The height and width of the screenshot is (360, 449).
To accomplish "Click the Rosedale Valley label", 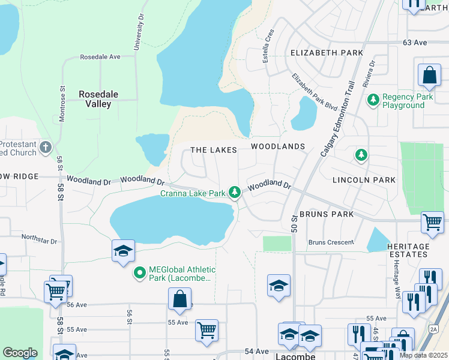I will (x=95, y=99).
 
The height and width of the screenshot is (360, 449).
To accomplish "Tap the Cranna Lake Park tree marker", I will (x=236, y=193).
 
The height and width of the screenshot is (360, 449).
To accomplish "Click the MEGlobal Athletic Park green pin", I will (x=140, y=274).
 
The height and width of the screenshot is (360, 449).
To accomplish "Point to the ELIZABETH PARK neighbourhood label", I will (x=327, y=53).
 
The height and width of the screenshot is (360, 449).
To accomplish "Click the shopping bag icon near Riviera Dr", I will (x=429, y=76).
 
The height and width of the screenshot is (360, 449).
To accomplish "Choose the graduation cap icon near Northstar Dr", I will (x=122, y=250).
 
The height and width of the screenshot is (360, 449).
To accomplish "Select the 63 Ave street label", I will (x=414, y=43).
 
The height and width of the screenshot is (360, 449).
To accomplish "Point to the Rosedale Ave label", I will (x=100, y=57).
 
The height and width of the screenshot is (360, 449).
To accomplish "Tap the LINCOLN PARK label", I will (x=365, y=180).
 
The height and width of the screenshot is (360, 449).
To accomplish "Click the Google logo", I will (x=20, y=353).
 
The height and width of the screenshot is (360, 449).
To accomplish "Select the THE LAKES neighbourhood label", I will (x=214, y=149).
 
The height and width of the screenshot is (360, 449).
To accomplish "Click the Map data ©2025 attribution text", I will (x=423, y=355).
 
